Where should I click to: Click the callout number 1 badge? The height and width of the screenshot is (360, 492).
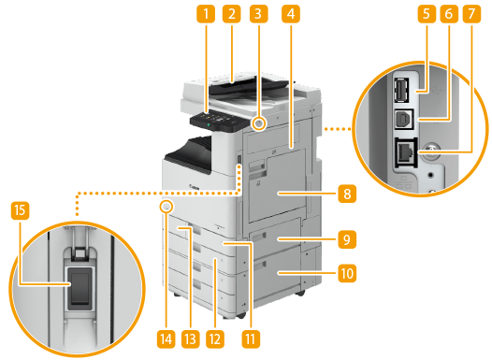(206, 14)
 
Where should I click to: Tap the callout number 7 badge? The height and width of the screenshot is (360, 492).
(471, 14)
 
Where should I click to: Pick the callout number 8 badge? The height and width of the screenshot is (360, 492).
(347, 194)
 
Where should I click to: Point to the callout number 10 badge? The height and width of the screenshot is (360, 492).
(347, 273)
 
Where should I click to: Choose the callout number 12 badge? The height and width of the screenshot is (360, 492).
(215, 339)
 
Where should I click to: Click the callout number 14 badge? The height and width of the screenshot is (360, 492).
(166, 339)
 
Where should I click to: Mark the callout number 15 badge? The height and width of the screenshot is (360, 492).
(20, 210)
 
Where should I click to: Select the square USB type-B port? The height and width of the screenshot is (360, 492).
(403, 119)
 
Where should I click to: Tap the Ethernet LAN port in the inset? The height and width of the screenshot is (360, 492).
(406, 153)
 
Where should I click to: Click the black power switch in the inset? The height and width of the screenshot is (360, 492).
(80, 288)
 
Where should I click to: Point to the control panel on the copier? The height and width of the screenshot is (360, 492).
(218, 121)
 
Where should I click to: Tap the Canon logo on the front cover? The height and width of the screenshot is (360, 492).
(194, 187)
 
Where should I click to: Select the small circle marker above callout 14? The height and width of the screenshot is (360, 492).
(166, 207)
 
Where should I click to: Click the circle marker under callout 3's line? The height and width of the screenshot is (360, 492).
(258, 124)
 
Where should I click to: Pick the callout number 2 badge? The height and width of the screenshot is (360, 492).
(232, 14)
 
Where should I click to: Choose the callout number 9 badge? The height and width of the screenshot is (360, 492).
(347, 239)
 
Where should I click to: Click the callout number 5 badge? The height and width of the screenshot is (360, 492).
(427, 14)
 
